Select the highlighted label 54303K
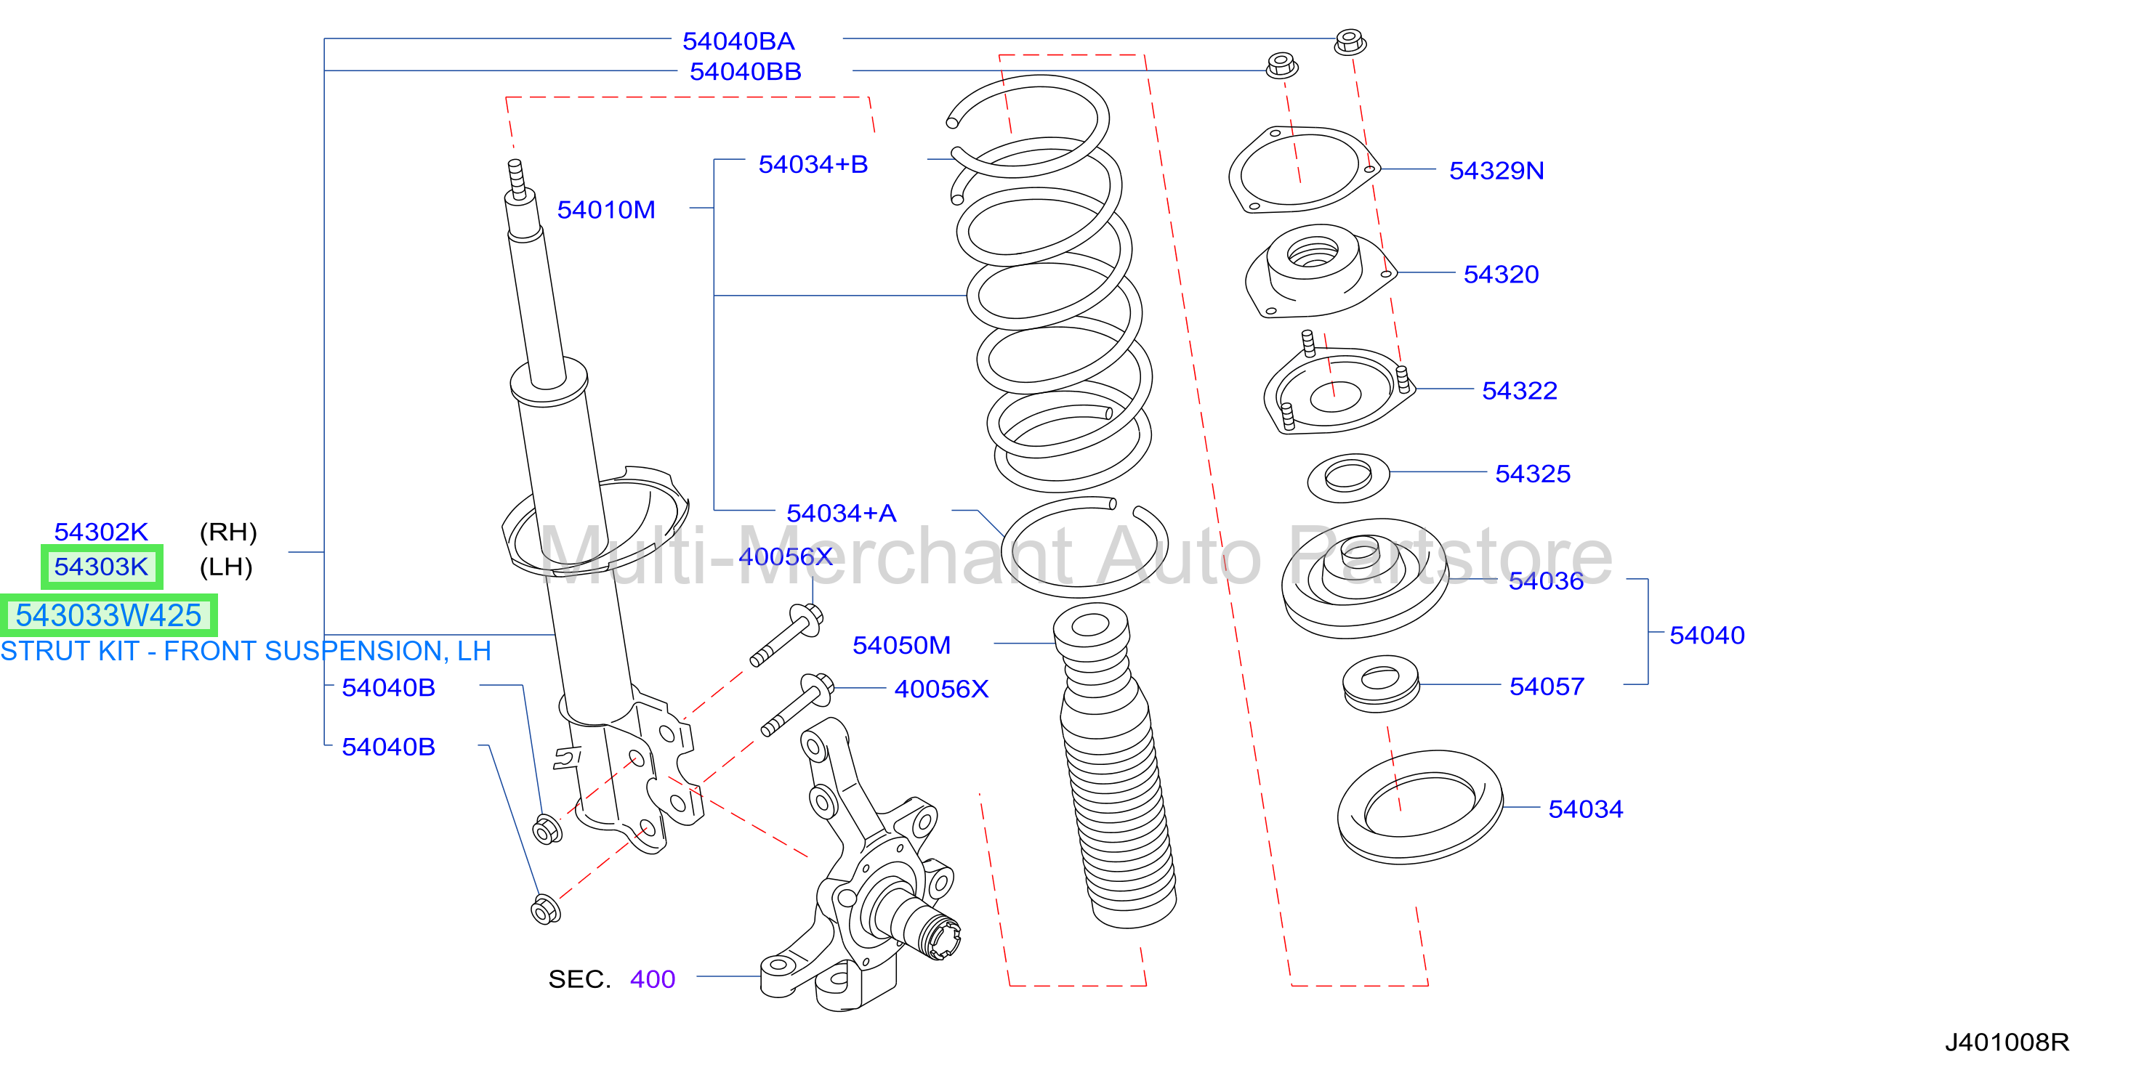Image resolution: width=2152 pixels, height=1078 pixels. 101,567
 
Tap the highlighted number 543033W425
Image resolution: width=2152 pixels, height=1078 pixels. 108,615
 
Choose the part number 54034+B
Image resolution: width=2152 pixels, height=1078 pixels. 813,164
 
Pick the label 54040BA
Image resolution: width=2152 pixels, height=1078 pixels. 738,41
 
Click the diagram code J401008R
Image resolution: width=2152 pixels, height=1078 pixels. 2007,1042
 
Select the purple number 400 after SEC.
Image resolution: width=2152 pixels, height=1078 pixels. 653,978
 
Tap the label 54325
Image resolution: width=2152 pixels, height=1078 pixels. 1533,474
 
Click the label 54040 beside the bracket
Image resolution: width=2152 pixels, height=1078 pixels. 1706,636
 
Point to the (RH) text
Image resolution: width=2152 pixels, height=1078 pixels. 228,532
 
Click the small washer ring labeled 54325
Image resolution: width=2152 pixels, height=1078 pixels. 1347,478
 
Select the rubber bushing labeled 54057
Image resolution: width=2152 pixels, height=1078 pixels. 1381,683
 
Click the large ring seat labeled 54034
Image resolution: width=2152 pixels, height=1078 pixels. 1419,806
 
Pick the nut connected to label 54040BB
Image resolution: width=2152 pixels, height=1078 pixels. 1281,65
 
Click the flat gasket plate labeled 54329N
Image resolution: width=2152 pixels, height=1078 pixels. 1303,169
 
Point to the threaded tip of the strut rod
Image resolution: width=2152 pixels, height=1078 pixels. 516,177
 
